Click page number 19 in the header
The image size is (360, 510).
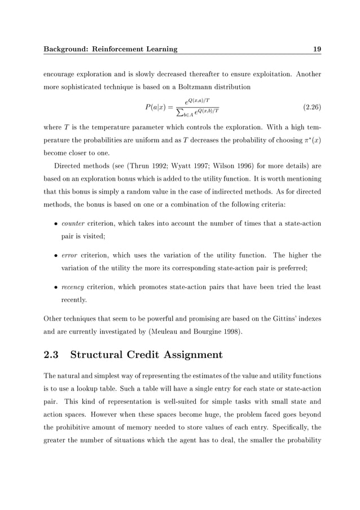[317, 49]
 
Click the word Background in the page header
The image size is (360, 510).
[68, 49]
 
